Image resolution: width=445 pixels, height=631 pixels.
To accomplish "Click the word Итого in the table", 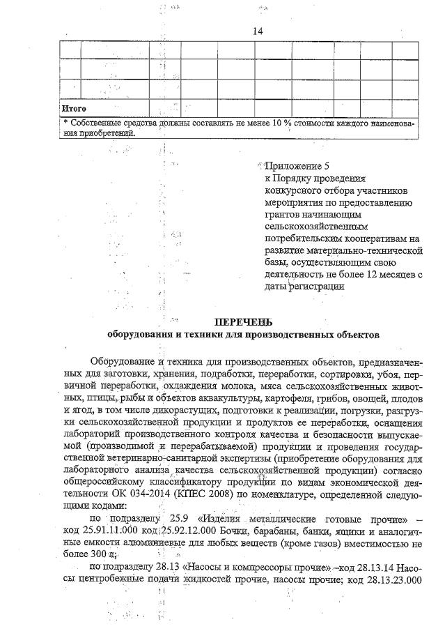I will (74, 109).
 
